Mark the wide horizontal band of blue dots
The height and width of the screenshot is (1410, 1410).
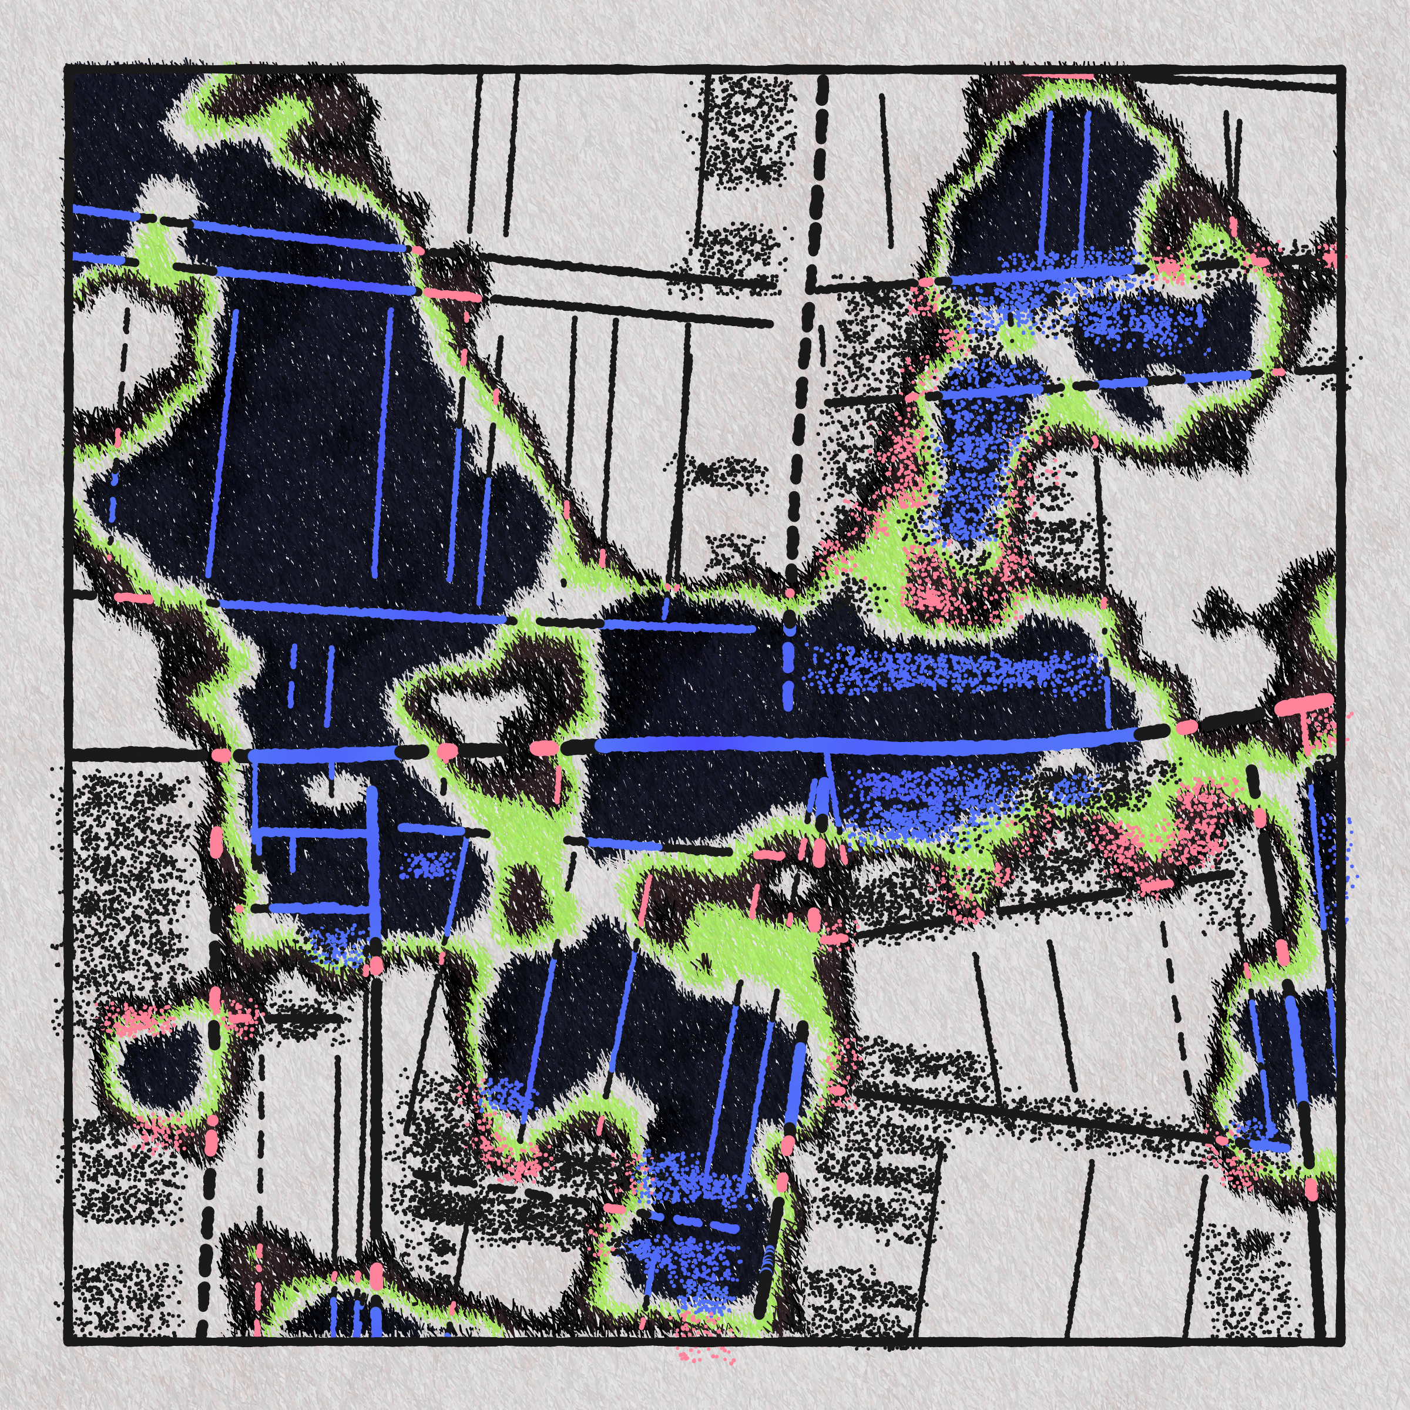pos(949,672)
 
